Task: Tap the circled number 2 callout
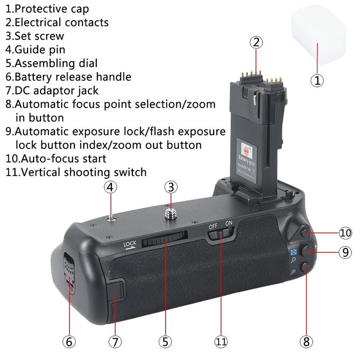pyautogui.click(x=256, y=43)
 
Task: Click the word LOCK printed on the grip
pyautogui.click(x=130, y=245)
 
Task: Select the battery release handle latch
pyautogui.click(x=68, y=273)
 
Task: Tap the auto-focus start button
pyautogui.click(x=305, y=233)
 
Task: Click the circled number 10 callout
pyautogui.click(x=345, y=233)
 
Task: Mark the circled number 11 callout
pyautogui.click(x=221, y=342)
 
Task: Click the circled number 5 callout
pyautogui.click(x=164, y=342)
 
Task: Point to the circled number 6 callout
pyautogui.click(x=68, y=342)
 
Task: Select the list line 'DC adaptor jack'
pyautogui.click(x=52, y=90)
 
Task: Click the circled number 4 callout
pyautogui.click(x=111, y=187)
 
